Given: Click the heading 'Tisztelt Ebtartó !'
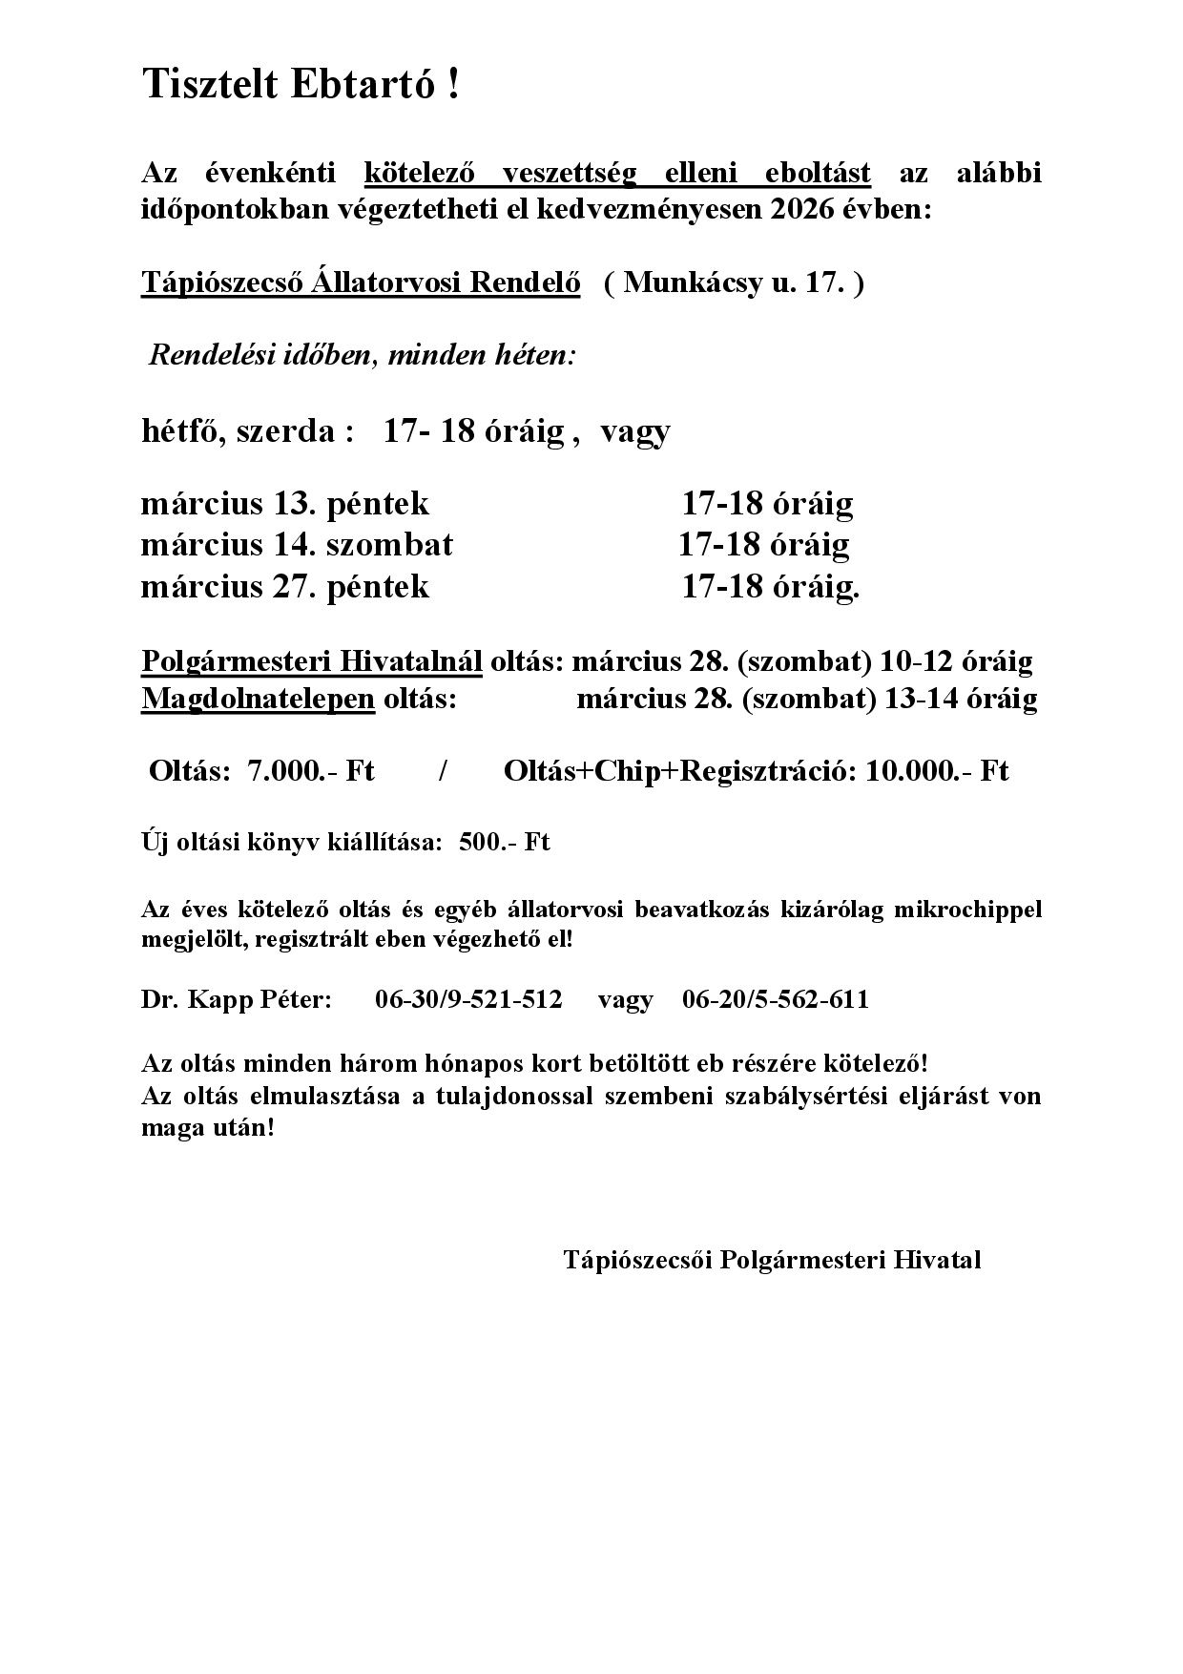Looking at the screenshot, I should tap(301, 85).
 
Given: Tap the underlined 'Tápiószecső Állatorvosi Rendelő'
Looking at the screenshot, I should tap(361, 283).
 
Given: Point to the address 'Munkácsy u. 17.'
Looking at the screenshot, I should tap(733, 283).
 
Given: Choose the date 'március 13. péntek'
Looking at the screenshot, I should tap(284, 503).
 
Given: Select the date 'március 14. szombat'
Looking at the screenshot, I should tap(297, 544).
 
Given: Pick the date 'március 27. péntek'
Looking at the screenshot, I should tap(284, 586).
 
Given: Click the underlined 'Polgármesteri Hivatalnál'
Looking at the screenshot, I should tap(312, 660).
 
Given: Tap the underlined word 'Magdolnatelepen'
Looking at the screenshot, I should tap(258, 699).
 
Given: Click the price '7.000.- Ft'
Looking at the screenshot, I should tap(310, 771).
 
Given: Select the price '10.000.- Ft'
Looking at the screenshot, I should tap(937, 771).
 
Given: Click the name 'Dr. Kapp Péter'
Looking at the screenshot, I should tap(236, 999).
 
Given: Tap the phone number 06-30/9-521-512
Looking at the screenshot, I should tap(468, 999).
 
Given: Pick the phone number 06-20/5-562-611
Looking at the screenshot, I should tap(776, 999).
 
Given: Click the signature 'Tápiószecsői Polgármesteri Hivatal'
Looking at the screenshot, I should tap(772, 1260).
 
